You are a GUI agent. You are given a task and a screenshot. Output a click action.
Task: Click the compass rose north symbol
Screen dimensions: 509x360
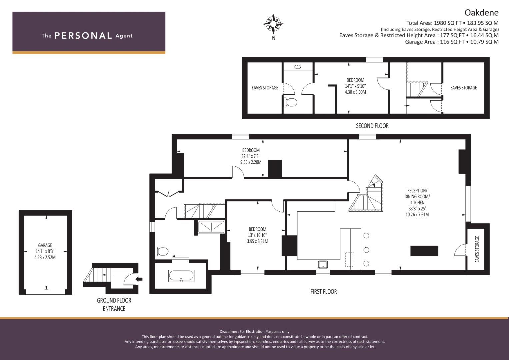(273, 24)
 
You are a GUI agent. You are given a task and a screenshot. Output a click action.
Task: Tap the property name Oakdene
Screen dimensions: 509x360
(482, 13)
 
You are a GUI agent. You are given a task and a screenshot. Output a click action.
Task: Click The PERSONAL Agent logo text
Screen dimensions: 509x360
(87, 36)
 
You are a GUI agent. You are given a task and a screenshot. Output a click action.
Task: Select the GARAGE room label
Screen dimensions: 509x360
(45, 245)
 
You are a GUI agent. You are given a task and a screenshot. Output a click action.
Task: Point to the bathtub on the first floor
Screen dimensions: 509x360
(181, 276)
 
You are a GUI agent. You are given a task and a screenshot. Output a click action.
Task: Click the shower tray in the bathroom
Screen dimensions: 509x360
(211, 227)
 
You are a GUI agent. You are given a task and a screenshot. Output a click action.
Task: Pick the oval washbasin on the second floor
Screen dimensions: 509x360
(298, 67)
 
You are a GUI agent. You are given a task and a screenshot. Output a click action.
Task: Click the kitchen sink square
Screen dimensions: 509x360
(323, 265)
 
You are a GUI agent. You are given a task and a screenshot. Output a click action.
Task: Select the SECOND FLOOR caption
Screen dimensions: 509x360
(372, 126)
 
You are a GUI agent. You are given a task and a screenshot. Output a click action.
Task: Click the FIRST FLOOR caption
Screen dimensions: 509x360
(324, 292)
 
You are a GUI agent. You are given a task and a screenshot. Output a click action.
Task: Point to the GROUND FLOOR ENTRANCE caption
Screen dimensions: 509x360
(114, 305)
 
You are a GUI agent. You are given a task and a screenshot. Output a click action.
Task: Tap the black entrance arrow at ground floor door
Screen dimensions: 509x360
(139, 279)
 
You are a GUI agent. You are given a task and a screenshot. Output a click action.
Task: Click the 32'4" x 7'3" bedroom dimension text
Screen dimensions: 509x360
(251, 156)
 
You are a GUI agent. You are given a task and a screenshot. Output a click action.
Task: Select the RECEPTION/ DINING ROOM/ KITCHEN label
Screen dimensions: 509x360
(417, 196)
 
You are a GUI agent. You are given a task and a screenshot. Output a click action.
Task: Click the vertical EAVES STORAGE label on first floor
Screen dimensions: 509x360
(477, 249)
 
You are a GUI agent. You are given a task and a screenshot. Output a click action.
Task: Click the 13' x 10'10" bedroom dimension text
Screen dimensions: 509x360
(257, 235)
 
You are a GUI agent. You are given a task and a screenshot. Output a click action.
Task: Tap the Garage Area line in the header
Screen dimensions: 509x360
(452, 42)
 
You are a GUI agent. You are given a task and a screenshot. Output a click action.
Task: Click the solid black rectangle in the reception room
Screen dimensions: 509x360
(424, 251)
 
